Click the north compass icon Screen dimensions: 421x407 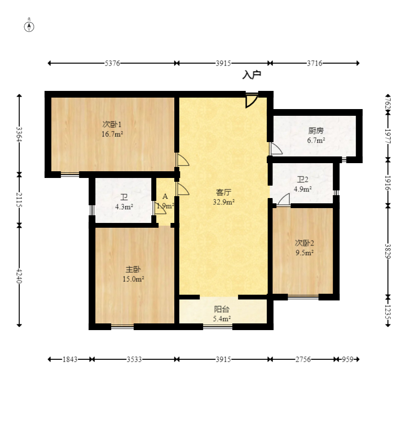(29, 26)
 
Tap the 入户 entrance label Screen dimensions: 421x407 (252, 75)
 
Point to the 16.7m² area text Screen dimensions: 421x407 (112, 134)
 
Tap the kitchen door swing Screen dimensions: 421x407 (275, 149)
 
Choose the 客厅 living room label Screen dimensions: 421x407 (224, 192)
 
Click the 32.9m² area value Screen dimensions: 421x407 (224, 202)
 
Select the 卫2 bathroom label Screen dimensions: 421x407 (303, 180)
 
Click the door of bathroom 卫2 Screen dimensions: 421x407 (283, 200)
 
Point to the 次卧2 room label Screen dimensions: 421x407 (304, 243)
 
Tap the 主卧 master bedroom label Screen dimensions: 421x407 (133, 270)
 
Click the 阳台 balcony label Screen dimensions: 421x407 (222, 309)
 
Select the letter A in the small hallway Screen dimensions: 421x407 (165, 197)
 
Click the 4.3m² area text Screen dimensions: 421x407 (124, 207)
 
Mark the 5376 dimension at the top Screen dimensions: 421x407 (112, 63)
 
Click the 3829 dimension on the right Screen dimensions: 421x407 (388, 251)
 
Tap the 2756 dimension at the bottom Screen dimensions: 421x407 (302, 359)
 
